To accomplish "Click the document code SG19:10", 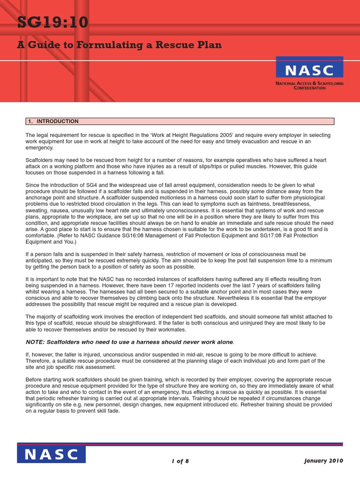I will coord(52,22).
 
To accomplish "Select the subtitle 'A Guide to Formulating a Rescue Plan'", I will coord(120,45).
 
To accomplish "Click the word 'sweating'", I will coord(36,210).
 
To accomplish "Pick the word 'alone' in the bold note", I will coord(222,342).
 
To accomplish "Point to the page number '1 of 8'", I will coord(180,461).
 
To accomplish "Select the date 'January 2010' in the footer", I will coord(323,460).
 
